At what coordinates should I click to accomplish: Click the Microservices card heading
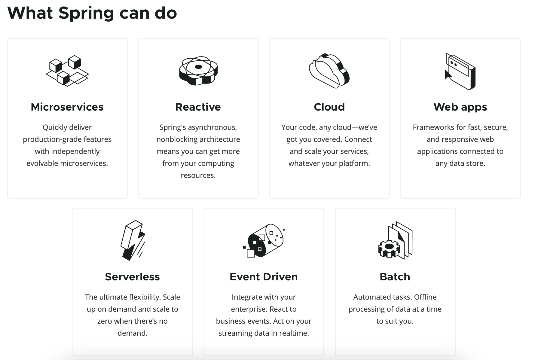pos(67,107)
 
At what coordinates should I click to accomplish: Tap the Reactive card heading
pos(198,107)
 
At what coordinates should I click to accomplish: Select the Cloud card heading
pos(329,107)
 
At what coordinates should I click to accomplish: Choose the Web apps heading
pos(460,107)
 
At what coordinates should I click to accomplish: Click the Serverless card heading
pos(132,277)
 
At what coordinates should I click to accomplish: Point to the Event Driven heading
pos(264,277)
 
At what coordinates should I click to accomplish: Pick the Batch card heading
pos(395,277)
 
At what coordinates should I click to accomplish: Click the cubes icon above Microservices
pos(67,71)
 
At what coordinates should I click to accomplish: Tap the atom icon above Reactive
pos(198,71)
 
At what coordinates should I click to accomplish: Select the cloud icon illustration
pos(329,71)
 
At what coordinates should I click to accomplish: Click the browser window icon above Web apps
pos(460,71)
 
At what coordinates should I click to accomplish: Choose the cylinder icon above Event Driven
pos(264,241)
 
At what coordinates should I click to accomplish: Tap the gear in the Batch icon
pos(389,249)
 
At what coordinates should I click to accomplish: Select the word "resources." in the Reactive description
pos(198,175)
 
